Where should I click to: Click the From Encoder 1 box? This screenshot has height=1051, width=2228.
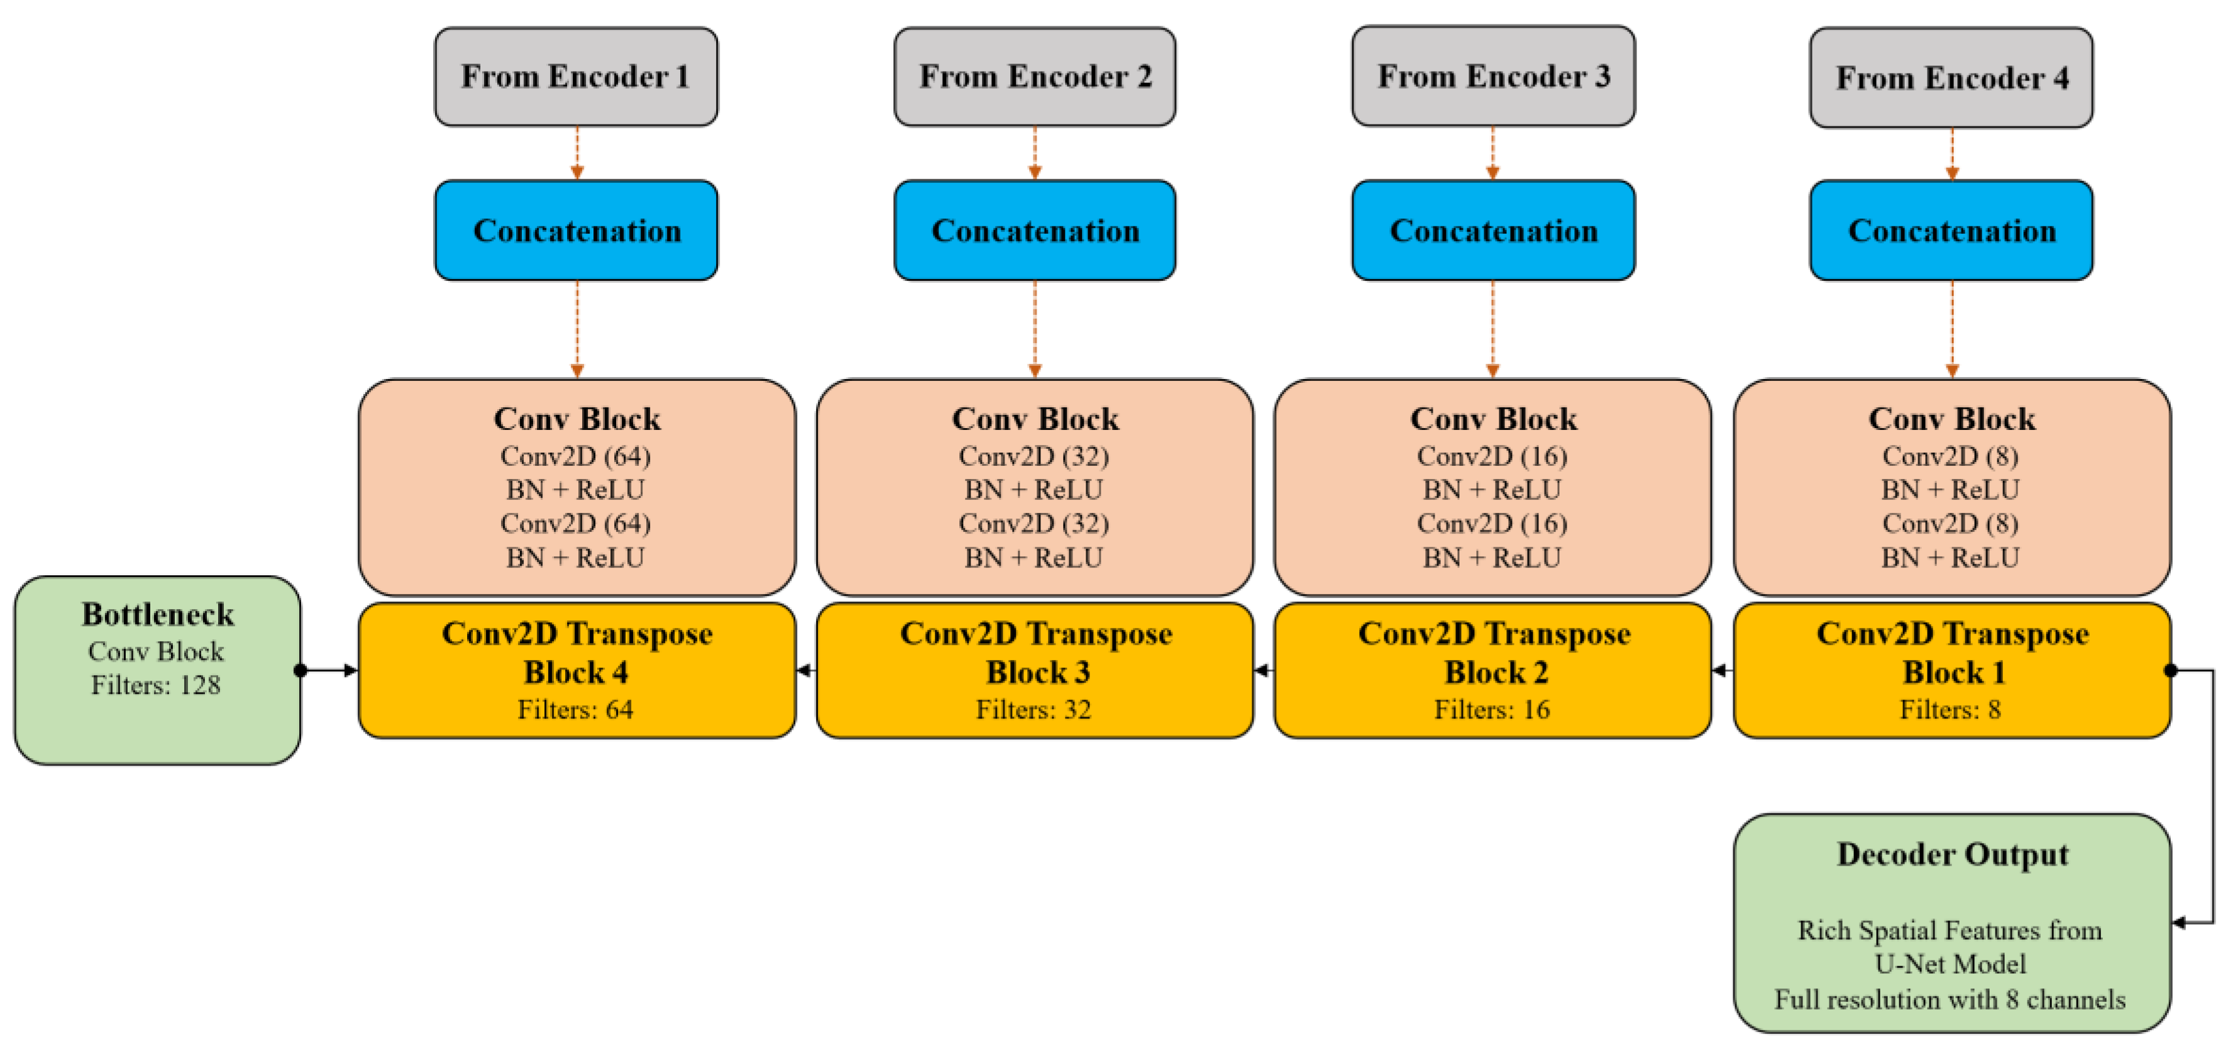point(575,76)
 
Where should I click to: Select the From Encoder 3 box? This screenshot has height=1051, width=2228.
point(1493,76)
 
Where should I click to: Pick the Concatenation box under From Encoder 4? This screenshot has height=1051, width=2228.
point(1951,230)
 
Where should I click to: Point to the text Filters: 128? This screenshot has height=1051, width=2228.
point(156,685)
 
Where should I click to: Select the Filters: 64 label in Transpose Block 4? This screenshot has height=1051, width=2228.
point(575,709)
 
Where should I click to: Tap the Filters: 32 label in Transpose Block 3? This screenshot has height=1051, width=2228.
point(1034,709)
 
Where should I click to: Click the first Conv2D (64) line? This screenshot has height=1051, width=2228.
point(575,456)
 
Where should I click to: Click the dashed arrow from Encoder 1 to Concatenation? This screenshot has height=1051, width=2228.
point(577,153)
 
